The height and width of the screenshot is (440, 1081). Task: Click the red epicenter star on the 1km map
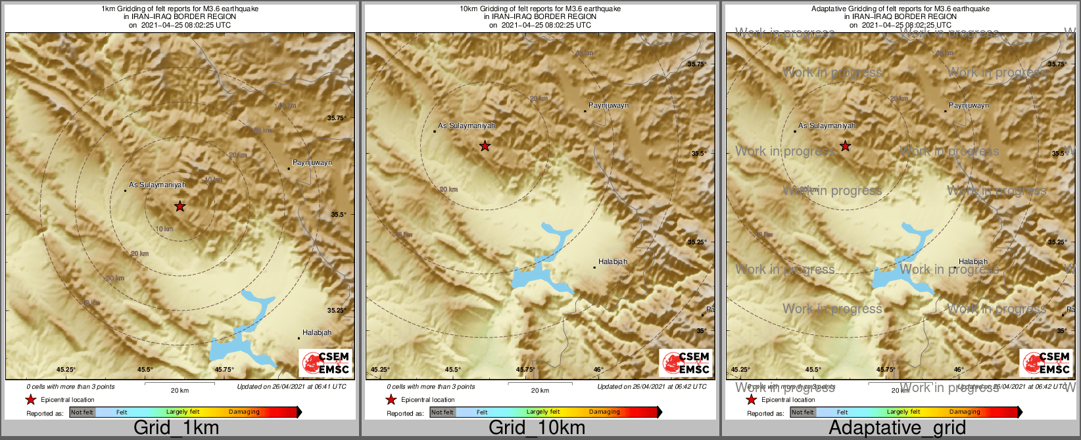point(180,206)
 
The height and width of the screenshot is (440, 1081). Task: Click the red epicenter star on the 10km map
point(485,146)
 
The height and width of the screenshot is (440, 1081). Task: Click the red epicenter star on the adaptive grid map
point(845,146)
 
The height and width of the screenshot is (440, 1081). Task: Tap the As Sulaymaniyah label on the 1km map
point(157,185)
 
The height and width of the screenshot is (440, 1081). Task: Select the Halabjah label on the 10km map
point(613,261)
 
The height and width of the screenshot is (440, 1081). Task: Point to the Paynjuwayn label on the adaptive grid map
point(969,105)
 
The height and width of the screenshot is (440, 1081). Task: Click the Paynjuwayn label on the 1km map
point(312,162)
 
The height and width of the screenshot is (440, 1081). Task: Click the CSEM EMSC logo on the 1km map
point(325,363)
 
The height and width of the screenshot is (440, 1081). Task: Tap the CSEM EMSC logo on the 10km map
point(686,363)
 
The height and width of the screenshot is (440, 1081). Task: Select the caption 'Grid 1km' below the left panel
point(176,428)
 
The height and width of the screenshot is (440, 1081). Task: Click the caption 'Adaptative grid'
point(897,428)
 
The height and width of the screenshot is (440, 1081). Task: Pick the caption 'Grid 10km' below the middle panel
point(537,428)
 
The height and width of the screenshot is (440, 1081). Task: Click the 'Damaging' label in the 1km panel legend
point(244,412)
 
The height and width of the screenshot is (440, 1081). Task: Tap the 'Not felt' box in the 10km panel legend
point(443,412)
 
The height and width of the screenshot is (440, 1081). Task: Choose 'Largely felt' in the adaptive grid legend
point(903,412)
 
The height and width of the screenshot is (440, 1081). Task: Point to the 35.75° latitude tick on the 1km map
point(337,118)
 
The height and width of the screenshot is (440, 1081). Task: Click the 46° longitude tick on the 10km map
point(598,370)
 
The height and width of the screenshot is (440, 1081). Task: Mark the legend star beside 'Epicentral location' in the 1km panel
point(30,399)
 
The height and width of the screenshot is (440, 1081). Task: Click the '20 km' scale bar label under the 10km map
point(540,391)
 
